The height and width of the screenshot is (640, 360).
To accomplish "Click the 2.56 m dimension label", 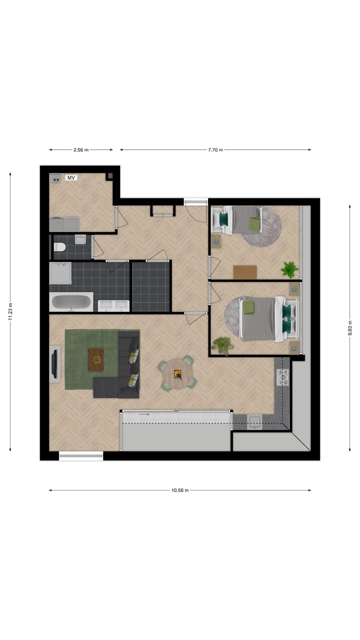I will [x=81, y=149].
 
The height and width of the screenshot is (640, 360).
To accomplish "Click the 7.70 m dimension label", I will [x=215, y=149].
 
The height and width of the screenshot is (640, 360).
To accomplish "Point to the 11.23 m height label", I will [x=10, y=312].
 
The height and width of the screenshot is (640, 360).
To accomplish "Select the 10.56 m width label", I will [x=180, y=490].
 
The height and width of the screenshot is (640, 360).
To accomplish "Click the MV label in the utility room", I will [x=71, y=177].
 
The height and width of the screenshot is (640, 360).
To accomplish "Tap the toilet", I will [x=59, y=246].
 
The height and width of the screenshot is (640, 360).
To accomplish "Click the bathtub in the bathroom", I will [x=71, y=302].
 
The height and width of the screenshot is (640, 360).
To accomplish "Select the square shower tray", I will [x=60, y=273].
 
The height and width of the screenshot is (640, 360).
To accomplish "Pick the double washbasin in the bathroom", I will [x=113, y=305].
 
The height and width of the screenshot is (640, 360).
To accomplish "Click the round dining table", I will [x=177, y=372].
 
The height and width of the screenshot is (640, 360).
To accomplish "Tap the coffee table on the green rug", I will [x=96, y=358].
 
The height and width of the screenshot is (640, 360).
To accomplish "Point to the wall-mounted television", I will [x=54, y=364].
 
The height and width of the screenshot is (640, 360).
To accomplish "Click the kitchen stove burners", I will [x=283, y=377].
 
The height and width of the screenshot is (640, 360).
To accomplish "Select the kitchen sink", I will [x=254, y=421].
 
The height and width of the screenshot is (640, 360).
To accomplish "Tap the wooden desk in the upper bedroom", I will [x=245, y=271].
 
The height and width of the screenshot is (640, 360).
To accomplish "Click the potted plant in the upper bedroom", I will [x=289, y=269].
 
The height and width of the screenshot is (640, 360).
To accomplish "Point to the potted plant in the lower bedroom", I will [x=221, y=344].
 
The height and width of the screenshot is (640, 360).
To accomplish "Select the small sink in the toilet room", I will [x=80, y=240].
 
